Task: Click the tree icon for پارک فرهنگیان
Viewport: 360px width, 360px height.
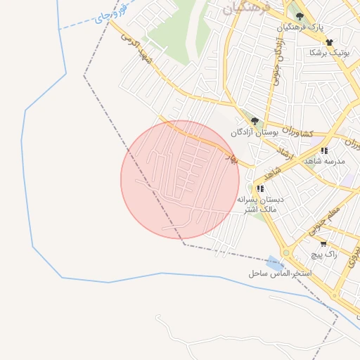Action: click(x=300, y=16)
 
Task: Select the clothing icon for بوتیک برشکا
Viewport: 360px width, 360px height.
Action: click(x=328, y=42)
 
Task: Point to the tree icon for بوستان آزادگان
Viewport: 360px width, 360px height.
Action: click(x=255, y=121)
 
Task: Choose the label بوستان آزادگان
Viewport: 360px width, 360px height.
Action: click(x=251, y=131)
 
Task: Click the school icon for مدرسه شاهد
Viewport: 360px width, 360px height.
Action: click(x=323, y=150)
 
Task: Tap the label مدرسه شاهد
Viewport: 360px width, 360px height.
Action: click(x=323, y=161)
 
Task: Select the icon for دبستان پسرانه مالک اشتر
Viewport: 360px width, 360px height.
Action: click(x=260, y=188)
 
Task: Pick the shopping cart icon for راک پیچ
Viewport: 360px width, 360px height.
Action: click(x=323, y=244)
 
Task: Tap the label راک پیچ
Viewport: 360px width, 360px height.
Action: click(x=325, y=255)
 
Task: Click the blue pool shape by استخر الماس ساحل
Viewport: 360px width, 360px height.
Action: click(x=274, y=262)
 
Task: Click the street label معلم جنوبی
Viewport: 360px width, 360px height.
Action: click(x=323, y=221)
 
